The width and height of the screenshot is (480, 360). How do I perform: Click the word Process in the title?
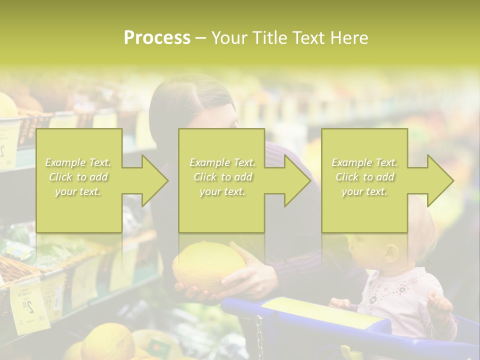[x=157, y=38]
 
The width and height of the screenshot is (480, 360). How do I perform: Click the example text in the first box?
[x=78, y=177]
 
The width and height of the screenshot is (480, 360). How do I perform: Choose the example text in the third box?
[x=364, y=177]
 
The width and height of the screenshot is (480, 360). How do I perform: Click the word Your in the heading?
[x=228, y=38]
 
